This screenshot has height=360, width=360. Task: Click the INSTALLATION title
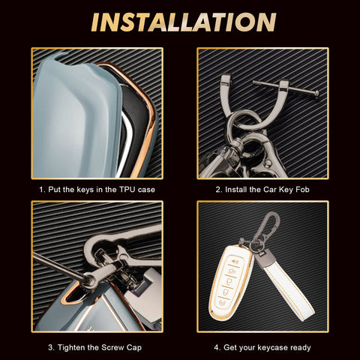pos(184,22)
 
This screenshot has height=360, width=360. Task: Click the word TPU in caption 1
pos(127,190)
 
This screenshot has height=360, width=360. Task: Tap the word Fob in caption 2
pos(302,190)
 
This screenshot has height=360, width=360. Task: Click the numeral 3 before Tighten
pos(50,347)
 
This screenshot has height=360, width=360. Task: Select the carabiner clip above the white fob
pos(268,227)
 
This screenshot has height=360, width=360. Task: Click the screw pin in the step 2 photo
pos(286,88)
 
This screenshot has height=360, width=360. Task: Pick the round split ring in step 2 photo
pos(245,121)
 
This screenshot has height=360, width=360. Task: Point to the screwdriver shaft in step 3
pos(58,265)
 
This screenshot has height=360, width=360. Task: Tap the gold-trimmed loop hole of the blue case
pos(76,293)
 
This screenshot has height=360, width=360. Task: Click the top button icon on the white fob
pos(235,262)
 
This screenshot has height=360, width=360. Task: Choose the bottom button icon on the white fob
pos(222,303)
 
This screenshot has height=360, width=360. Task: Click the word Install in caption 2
pos(236,190)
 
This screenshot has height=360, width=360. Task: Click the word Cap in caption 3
pos(134,348)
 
